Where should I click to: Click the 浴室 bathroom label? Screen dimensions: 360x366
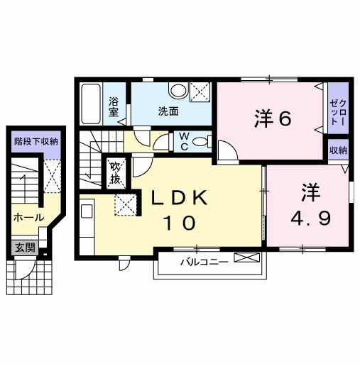coord(114,107)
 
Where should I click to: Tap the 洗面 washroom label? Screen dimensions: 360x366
coord(168,111)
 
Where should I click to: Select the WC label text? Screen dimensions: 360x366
coord(184,141)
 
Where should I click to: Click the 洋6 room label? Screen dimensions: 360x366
coord(273,118)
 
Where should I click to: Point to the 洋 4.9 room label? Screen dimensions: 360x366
coord(310,204)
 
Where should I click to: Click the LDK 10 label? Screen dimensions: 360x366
coord(180,211)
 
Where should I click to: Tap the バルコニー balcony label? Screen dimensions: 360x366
coord(204,262)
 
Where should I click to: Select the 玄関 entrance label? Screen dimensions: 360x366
coord(25,248)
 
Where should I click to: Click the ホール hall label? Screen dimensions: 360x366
coord(29,218)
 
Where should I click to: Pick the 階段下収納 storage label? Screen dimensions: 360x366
coord(36,142)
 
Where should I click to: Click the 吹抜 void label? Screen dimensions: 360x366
coord(116,173)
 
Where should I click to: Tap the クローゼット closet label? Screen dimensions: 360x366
coord(338,113)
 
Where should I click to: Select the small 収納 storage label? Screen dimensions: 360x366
coord(338,150)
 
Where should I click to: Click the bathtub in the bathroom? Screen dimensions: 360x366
coord(91,104)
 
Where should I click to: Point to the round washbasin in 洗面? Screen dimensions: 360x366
coord(178,91)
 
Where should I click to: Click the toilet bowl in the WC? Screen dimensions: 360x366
coord(202,142)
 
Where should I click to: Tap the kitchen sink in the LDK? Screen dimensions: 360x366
coord(87,211)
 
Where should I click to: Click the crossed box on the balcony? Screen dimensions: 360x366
coord(247,257)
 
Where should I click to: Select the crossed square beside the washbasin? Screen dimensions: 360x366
coord(200,92)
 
